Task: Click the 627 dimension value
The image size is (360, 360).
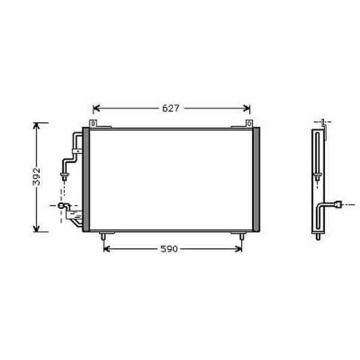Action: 171,108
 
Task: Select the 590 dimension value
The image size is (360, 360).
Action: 169,249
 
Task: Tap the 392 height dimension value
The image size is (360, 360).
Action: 36,176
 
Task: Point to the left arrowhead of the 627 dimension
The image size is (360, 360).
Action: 96,108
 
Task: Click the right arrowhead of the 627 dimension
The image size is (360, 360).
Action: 247,108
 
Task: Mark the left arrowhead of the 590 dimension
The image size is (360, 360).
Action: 107,249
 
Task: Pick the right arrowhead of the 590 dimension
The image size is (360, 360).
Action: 238,249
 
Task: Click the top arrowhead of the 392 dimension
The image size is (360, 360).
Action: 36,126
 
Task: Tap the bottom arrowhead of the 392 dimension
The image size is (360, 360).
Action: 36,228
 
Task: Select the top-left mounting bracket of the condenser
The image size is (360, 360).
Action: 93,124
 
